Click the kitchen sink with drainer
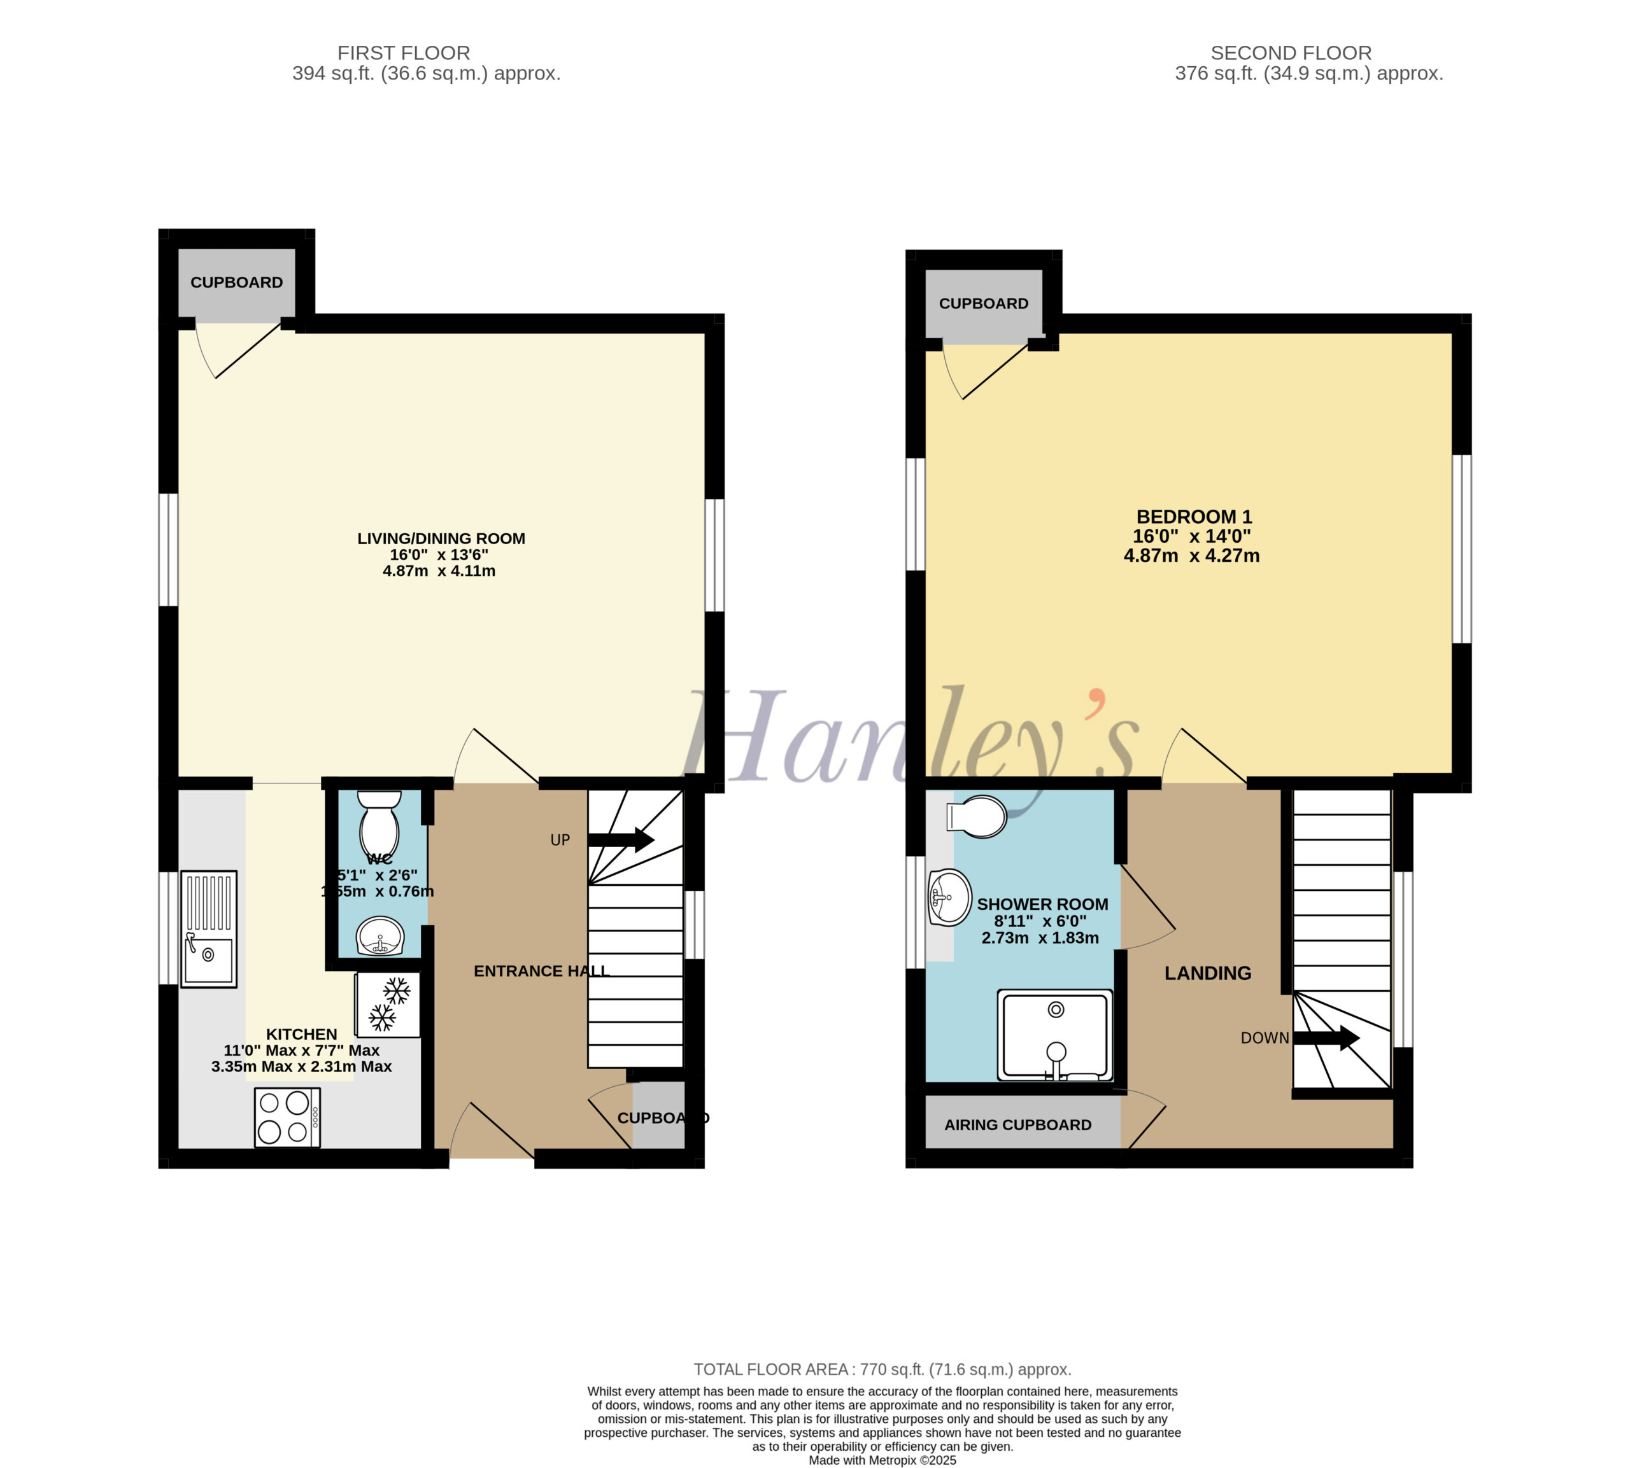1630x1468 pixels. (x=208, y=928)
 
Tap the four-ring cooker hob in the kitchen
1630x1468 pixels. (x=287, y=1117)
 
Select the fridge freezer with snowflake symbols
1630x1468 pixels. (x=387, y=1004)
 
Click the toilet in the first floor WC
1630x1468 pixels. (x=379, y=822)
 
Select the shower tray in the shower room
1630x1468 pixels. (x=1054, y=1035)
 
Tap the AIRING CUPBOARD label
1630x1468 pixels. (x=1017, y=1124)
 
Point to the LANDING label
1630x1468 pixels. (x=1207, y=973)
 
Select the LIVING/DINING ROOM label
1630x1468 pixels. (x=441, y=538)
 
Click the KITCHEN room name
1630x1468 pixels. (x=302, y=1034)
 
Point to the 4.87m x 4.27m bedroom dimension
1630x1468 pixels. (x=1191, y=555)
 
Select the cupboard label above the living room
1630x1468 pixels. (x=236, y=283)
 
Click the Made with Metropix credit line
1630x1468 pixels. (x=882, y=1460)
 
